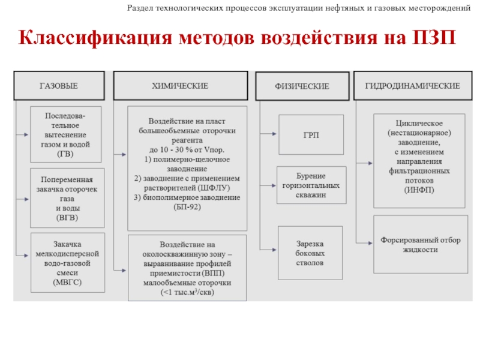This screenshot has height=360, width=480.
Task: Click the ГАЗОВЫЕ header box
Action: pos(59,86)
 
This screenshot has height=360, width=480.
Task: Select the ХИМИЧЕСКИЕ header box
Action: pos(180,86)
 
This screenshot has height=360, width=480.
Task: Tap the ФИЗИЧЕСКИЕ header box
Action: pos(302,86)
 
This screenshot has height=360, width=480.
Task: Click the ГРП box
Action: pos(311,135)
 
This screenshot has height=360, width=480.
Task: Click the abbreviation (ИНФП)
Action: pos(419,190)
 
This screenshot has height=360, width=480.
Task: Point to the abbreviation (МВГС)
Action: pos(67,281)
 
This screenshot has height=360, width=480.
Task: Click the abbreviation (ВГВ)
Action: pos(67,217)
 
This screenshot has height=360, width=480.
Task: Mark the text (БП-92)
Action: pos(187,206)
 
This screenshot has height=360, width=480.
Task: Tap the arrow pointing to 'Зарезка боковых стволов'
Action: pos(269,248)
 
